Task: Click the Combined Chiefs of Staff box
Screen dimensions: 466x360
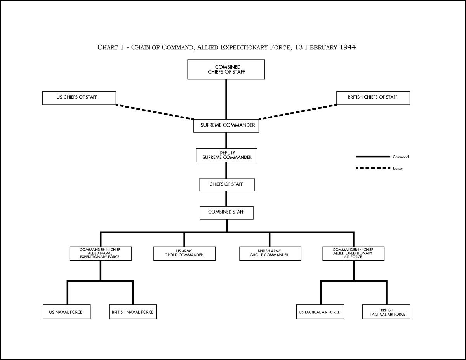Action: click(226, 70)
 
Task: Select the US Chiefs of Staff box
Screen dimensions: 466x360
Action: click(79, 98)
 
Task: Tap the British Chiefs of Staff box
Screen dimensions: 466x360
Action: click(373, 98)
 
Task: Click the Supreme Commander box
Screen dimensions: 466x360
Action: click(226, 126)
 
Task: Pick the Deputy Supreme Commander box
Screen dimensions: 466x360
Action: click(227, 155)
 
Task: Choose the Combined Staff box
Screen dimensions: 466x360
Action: click(226, 213)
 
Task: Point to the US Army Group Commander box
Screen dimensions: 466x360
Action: click(184, 254)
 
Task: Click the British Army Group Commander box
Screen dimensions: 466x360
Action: click(270, 254)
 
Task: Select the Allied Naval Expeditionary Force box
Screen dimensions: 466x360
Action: click(100, 254)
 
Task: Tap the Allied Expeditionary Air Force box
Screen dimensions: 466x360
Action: click(353, 254)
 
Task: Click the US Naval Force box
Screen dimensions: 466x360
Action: click(67, 312)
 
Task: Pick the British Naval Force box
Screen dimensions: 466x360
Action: click(133, 312)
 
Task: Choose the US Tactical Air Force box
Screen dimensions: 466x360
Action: click(320, 312)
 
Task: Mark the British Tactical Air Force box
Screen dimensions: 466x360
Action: click(386, 312)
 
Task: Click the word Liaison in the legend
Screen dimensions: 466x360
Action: click(398, 168)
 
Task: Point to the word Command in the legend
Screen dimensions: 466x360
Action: click(401, 157)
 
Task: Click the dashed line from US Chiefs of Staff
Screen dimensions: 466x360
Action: click(155, 112)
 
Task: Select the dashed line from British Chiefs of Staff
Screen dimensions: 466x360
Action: click(297, 112)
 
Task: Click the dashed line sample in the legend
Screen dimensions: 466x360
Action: click(373, 168)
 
